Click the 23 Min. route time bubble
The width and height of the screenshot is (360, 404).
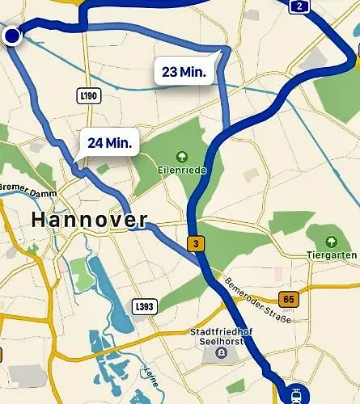point(184,72)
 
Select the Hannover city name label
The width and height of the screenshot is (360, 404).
point(89,219)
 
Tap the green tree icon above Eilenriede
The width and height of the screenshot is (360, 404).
point(181,156)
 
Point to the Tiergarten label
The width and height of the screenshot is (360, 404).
point(332,256)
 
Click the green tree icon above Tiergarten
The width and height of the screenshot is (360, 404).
point(331,242)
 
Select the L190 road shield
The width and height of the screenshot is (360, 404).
point(89,95)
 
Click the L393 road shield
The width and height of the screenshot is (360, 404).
point(143,307)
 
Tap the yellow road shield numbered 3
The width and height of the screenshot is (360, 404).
point(194,243)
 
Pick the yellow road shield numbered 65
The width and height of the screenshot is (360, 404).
point(289,300)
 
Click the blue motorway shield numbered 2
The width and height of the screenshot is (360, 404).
point(300,6)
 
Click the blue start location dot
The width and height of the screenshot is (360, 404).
point(12,36)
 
